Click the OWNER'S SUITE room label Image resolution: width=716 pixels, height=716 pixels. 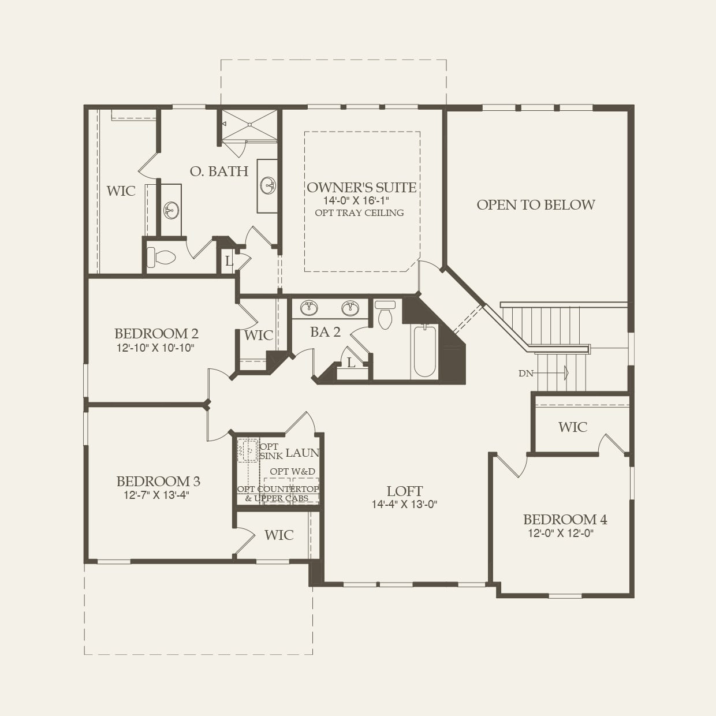(361, 187)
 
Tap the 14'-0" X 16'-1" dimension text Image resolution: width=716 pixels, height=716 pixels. (356, 200)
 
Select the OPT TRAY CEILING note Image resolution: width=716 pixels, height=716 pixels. (359, 212)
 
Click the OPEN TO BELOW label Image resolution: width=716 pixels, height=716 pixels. (535, 204)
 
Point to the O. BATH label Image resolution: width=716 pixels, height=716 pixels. (219, 171)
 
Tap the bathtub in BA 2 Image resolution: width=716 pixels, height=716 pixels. (424, 350)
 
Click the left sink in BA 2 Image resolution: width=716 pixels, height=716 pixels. (308, 308)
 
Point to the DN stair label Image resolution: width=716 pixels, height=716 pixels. (525, 374)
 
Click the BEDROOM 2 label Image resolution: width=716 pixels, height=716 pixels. (156, 333)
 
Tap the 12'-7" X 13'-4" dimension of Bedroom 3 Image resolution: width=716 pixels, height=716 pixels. (156, 495)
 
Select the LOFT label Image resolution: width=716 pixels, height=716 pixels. (404, 491)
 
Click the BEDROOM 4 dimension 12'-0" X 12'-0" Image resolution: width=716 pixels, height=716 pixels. (561, 533)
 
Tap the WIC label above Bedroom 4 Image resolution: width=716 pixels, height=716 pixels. (572, 427)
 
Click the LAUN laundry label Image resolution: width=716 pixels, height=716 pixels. (302, 453)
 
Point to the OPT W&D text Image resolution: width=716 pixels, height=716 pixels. (292, 471)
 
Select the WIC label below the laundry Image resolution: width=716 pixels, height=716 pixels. (279, 535)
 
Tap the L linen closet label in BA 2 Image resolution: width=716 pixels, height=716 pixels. (351, 363)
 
